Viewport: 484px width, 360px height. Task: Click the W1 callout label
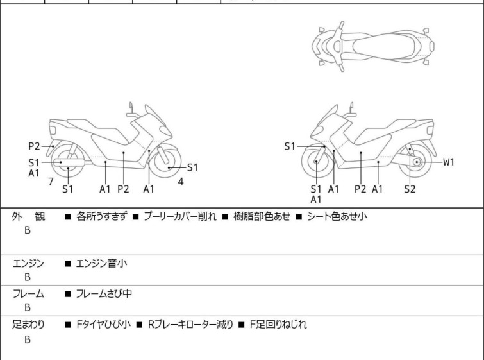click(x=449, y=162)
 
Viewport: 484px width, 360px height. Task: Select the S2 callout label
click(x=410, y=189)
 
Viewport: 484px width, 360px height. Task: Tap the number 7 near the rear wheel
click(x=51, y=182)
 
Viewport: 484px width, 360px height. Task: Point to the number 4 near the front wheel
click(x=181, y=182)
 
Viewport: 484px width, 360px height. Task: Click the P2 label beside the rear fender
click(x=34, y=146)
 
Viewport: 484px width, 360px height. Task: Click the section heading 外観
click(x=28, y=216)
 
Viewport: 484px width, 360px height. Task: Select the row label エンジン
click(x=28, y=264)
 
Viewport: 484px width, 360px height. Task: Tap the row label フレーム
click(x=28, y=293)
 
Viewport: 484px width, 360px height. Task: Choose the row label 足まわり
click(x=28, y=325)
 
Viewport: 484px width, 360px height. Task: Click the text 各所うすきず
click(x=101, y=216)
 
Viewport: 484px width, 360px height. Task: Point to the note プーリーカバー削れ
click(x=180, y=216)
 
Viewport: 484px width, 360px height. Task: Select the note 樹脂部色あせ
click(x=262, y=216)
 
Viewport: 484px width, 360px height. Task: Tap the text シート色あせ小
click(x=337, y=216)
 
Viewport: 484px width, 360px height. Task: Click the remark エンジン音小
click(x=101, y=264)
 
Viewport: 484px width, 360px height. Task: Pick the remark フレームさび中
click(x=104, y=293)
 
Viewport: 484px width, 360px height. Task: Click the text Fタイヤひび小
click(x=103, y=325)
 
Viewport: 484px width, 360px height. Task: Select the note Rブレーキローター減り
click(x=190, y=325)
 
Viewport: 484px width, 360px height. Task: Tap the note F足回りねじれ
click(x=278, y=325)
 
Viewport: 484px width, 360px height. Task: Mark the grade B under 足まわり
click(x=28, y=339)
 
